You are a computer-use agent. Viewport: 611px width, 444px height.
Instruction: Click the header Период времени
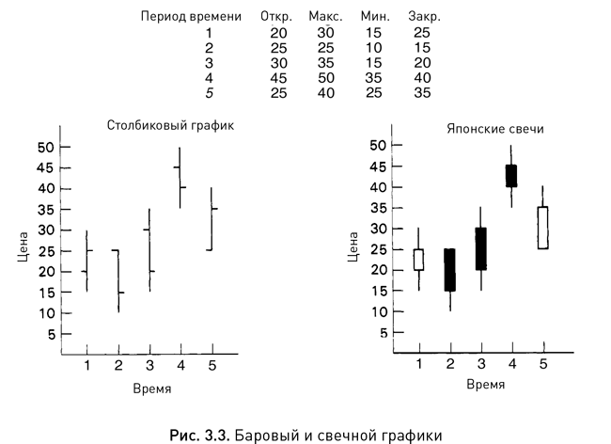tap(191, 17)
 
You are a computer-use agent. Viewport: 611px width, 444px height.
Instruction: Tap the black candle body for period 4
tap(511, 176)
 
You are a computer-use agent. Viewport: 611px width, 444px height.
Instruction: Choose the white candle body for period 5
tap(541, 228)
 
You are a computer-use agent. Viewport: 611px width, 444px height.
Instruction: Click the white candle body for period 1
tap(418, 260)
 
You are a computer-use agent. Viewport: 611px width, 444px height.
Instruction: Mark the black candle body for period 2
tap(449, 269)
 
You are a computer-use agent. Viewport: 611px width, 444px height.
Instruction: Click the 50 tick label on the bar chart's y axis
tap(46, 147)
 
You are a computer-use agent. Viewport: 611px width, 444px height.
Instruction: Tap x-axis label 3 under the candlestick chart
tap(480, 365)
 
